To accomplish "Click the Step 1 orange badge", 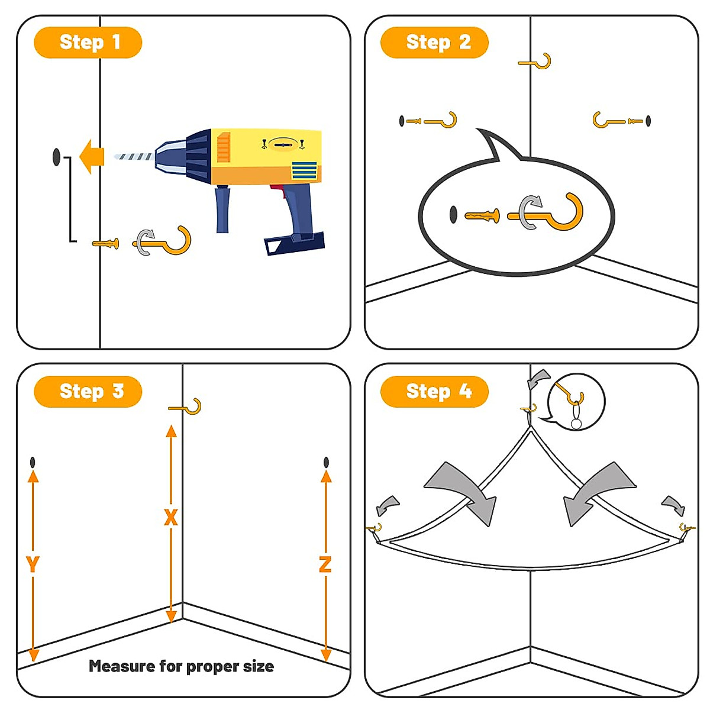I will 88,43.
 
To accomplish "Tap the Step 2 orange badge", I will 434,43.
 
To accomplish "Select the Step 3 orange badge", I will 88,392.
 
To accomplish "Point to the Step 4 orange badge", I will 434,392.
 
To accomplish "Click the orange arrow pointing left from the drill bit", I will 91,157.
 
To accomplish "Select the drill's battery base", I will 295,241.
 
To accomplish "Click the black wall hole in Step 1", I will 57,157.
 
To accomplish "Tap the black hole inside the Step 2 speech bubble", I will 453,214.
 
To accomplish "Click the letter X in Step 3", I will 170,518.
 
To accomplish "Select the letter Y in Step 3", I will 33,564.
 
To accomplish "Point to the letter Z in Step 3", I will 325,564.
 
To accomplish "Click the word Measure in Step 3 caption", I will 121,666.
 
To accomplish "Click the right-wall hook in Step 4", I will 686,528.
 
